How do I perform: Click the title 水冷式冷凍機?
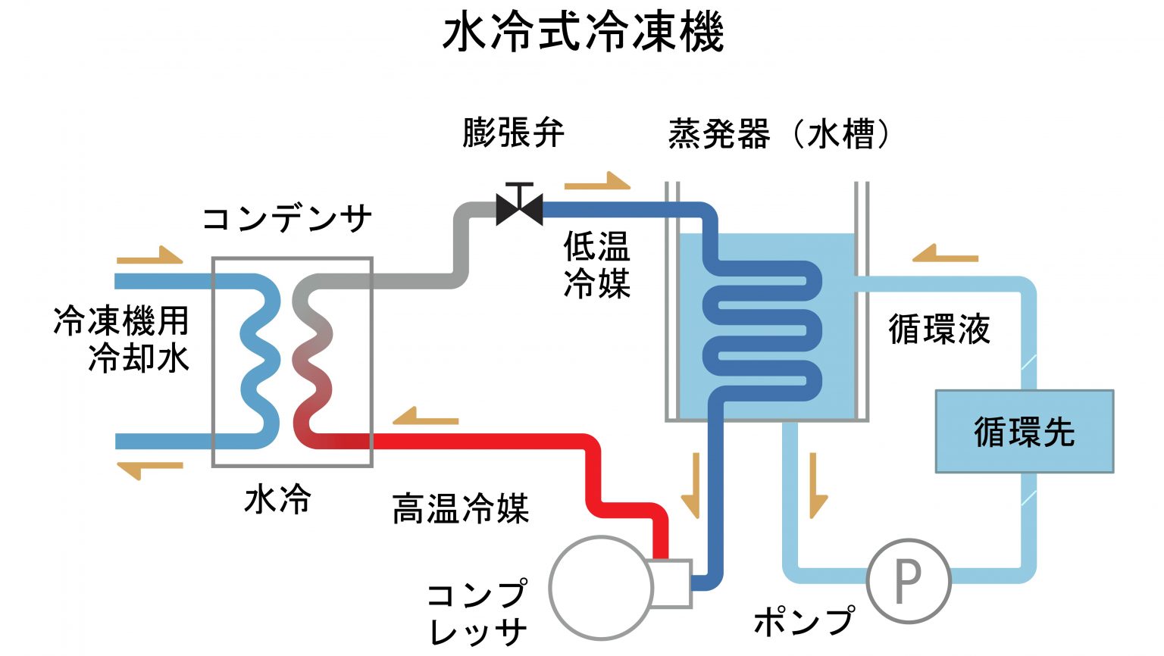tap(583, 33)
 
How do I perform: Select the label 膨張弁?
tap(513, 133)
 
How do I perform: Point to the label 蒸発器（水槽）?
tap(780, 134)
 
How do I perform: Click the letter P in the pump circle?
tap(909, 582)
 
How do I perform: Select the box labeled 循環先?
tap(1025, 431)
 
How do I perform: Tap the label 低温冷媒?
tap(597, 265)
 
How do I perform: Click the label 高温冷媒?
tap(461, 508)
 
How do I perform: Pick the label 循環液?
tap(939, 329)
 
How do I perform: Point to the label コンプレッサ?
tap(477, 612)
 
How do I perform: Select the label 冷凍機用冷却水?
tap(121, 339)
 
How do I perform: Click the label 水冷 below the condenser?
tap(277, 499)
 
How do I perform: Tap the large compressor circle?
tap(601, 587)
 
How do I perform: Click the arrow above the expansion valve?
tap(597, 181)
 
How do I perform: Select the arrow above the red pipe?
tap(426, 416)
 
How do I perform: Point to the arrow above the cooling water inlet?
tap(149, 255)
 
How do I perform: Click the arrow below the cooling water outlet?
tap(149, 471)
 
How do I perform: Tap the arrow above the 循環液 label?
tap(945, 254)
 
